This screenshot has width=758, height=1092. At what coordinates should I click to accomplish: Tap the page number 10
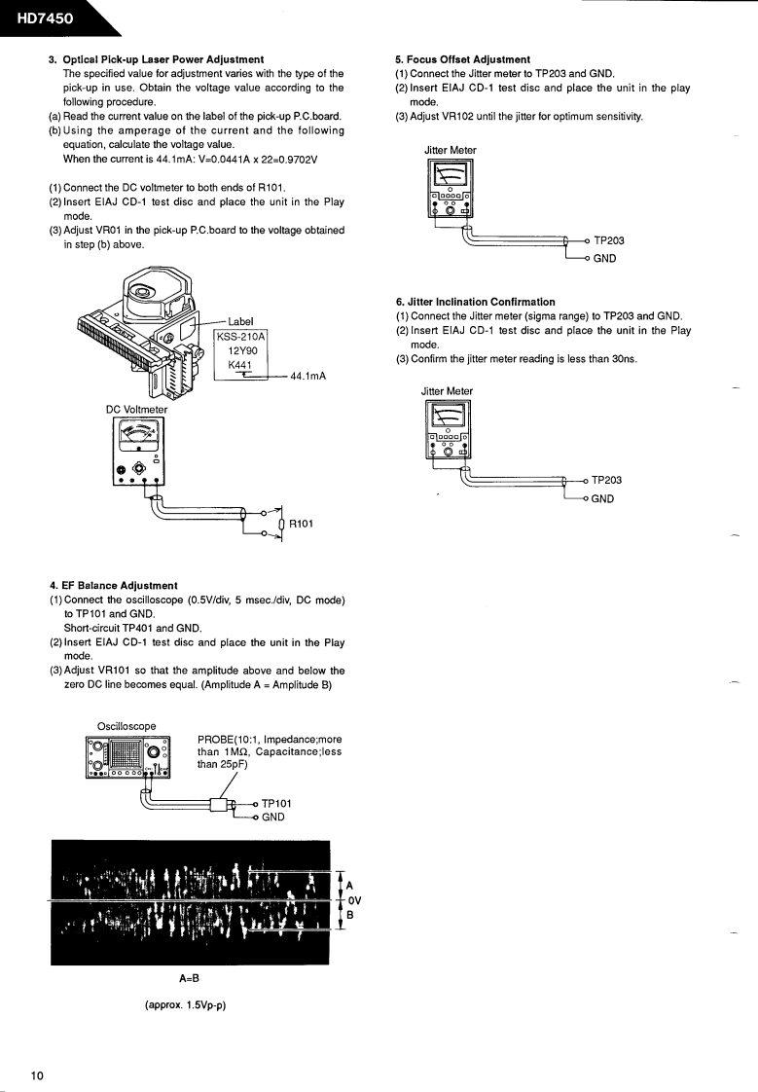37,1075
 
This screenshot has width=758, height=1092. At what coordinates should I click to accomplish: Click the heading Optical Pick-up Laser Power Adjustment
162,59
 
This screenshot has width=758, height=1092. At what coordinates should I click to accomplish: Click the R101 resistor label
301,523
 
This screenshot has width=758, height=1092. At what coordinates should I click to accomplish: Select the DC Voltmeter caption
136,409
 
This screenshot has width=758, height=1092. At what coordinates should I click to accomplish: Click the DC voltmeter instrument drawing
139,451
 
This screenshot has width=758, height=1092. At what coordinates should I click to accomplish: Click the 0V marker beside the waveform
355,900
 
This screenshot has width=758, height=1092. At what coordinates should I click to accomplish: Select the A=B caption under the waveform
189,979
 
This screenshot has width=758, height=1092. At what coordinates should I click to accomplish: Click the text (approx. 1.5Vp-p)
185,1004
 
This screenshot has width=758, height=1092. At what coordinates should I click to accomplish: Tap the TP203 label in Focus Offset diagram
609,240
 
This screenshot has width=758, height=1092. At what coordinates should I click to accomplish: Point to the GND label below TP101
273,818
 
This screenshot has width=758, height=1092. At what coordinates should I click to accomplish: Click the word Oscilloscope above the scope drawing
126,726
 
